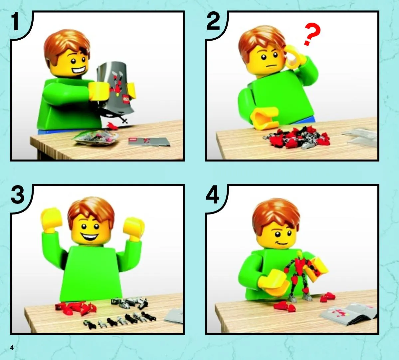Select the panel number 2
[x=213, y=21]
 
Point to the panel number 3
[x=18, y=195]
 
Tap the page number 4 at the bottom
[x=12, y=348]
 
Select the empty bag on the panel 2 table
[x=360, y=138]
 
